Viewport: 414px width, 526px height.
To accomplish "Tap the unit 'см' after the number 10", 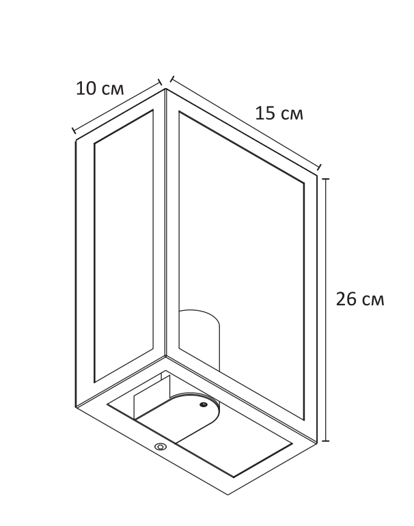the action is tap(111, 89).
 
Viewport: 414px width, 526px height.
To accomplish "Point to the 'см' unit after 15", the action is tap(292, 113).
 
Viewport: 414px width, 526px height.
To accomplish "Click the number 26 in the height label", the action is tap(347, 299).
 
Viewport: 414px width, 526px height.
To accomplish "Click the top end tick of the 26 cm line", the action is tap(327, 178).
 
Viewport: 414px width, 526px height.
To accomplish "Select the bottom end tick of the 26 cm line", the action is tap(327, 441).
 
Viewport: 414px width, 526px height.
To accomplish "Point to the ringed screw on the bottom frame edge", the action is tap(161, 447).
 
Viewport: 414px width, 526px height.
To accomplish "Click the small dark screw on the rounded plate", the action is tap(203, 405).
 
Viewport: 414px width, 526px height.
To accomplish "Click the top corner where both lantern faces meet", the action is tap(165, 89).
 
